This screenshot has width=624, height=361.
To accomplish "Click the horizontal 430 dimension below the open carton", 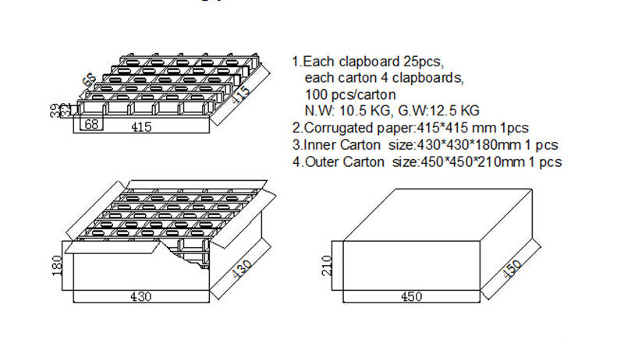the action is [x=141, y=296].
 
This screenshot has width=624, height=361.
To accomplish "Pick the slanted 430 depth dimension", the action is [x=243, y=270].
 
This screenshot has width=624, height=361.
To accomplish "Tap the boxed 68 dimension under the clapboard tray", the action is [x=90, y=125].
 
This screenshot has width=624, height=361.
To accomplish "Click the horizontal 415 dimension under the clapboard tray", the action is [x=141, y=127].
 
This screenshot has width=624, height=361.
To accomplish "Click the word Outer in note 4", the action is [x=320, y=162].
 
